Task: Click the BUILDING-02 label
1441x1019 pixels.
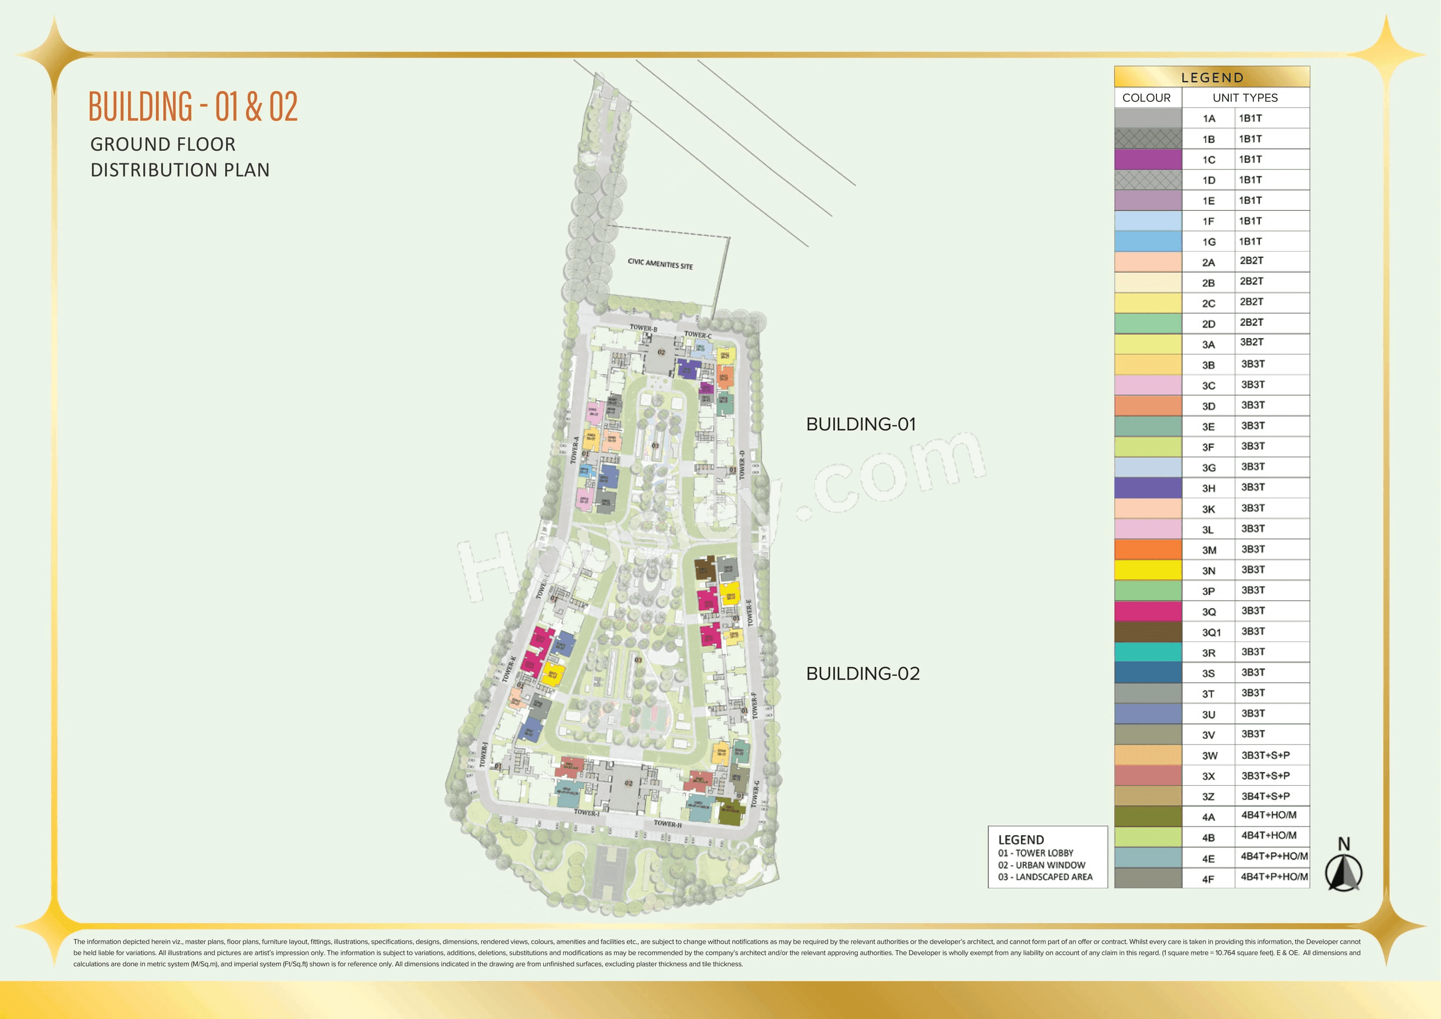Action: click(x=863, y=674)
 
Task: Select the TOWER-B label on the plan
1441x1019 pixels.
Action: click(x=643, y=328)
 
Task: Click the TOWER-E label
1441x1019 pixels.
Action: click(x=749, y=612)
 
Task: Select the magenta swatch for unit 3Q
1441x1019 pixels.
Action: click(x=1147, y=611)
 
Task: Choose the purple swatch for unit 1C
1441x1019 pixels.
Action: click(x=1147, y=159)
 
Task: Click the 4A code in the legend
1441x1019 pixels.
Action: click(x=1208, y=817)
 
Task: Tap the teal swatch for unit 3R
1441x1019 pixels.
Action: click(x=1147, y=652)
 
